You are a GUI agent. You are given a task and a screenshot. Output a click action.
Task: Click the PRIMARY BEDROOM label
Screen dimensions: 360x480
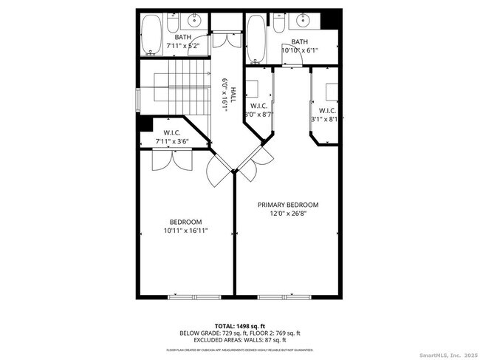click(x=287, y=205)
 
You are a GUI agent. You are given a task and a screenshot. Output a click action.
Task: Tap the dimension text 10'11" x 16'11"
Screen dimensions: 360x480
click(x=185, y=231)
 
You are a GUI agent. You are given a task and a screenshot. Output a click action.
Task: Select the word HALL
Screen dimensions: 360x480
click(x=233, y=95)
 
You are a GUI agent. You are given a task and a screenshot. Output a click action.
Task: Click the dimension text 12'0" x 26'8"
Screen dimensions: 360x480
click(x=287, y=214)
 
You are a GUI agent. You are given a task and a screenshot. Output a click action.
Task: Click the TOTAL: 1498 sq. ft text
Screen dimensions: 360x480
click(x=239, y=325)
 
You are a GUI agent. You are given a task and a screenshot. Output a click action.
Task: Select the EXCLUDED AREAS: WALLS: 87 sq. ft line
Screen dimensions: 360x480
click(x=239, y=341)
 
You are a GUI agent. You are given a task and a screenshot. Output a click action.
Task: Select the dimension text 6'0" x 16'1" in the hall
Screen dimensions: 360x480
click(x=224, y=95)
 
